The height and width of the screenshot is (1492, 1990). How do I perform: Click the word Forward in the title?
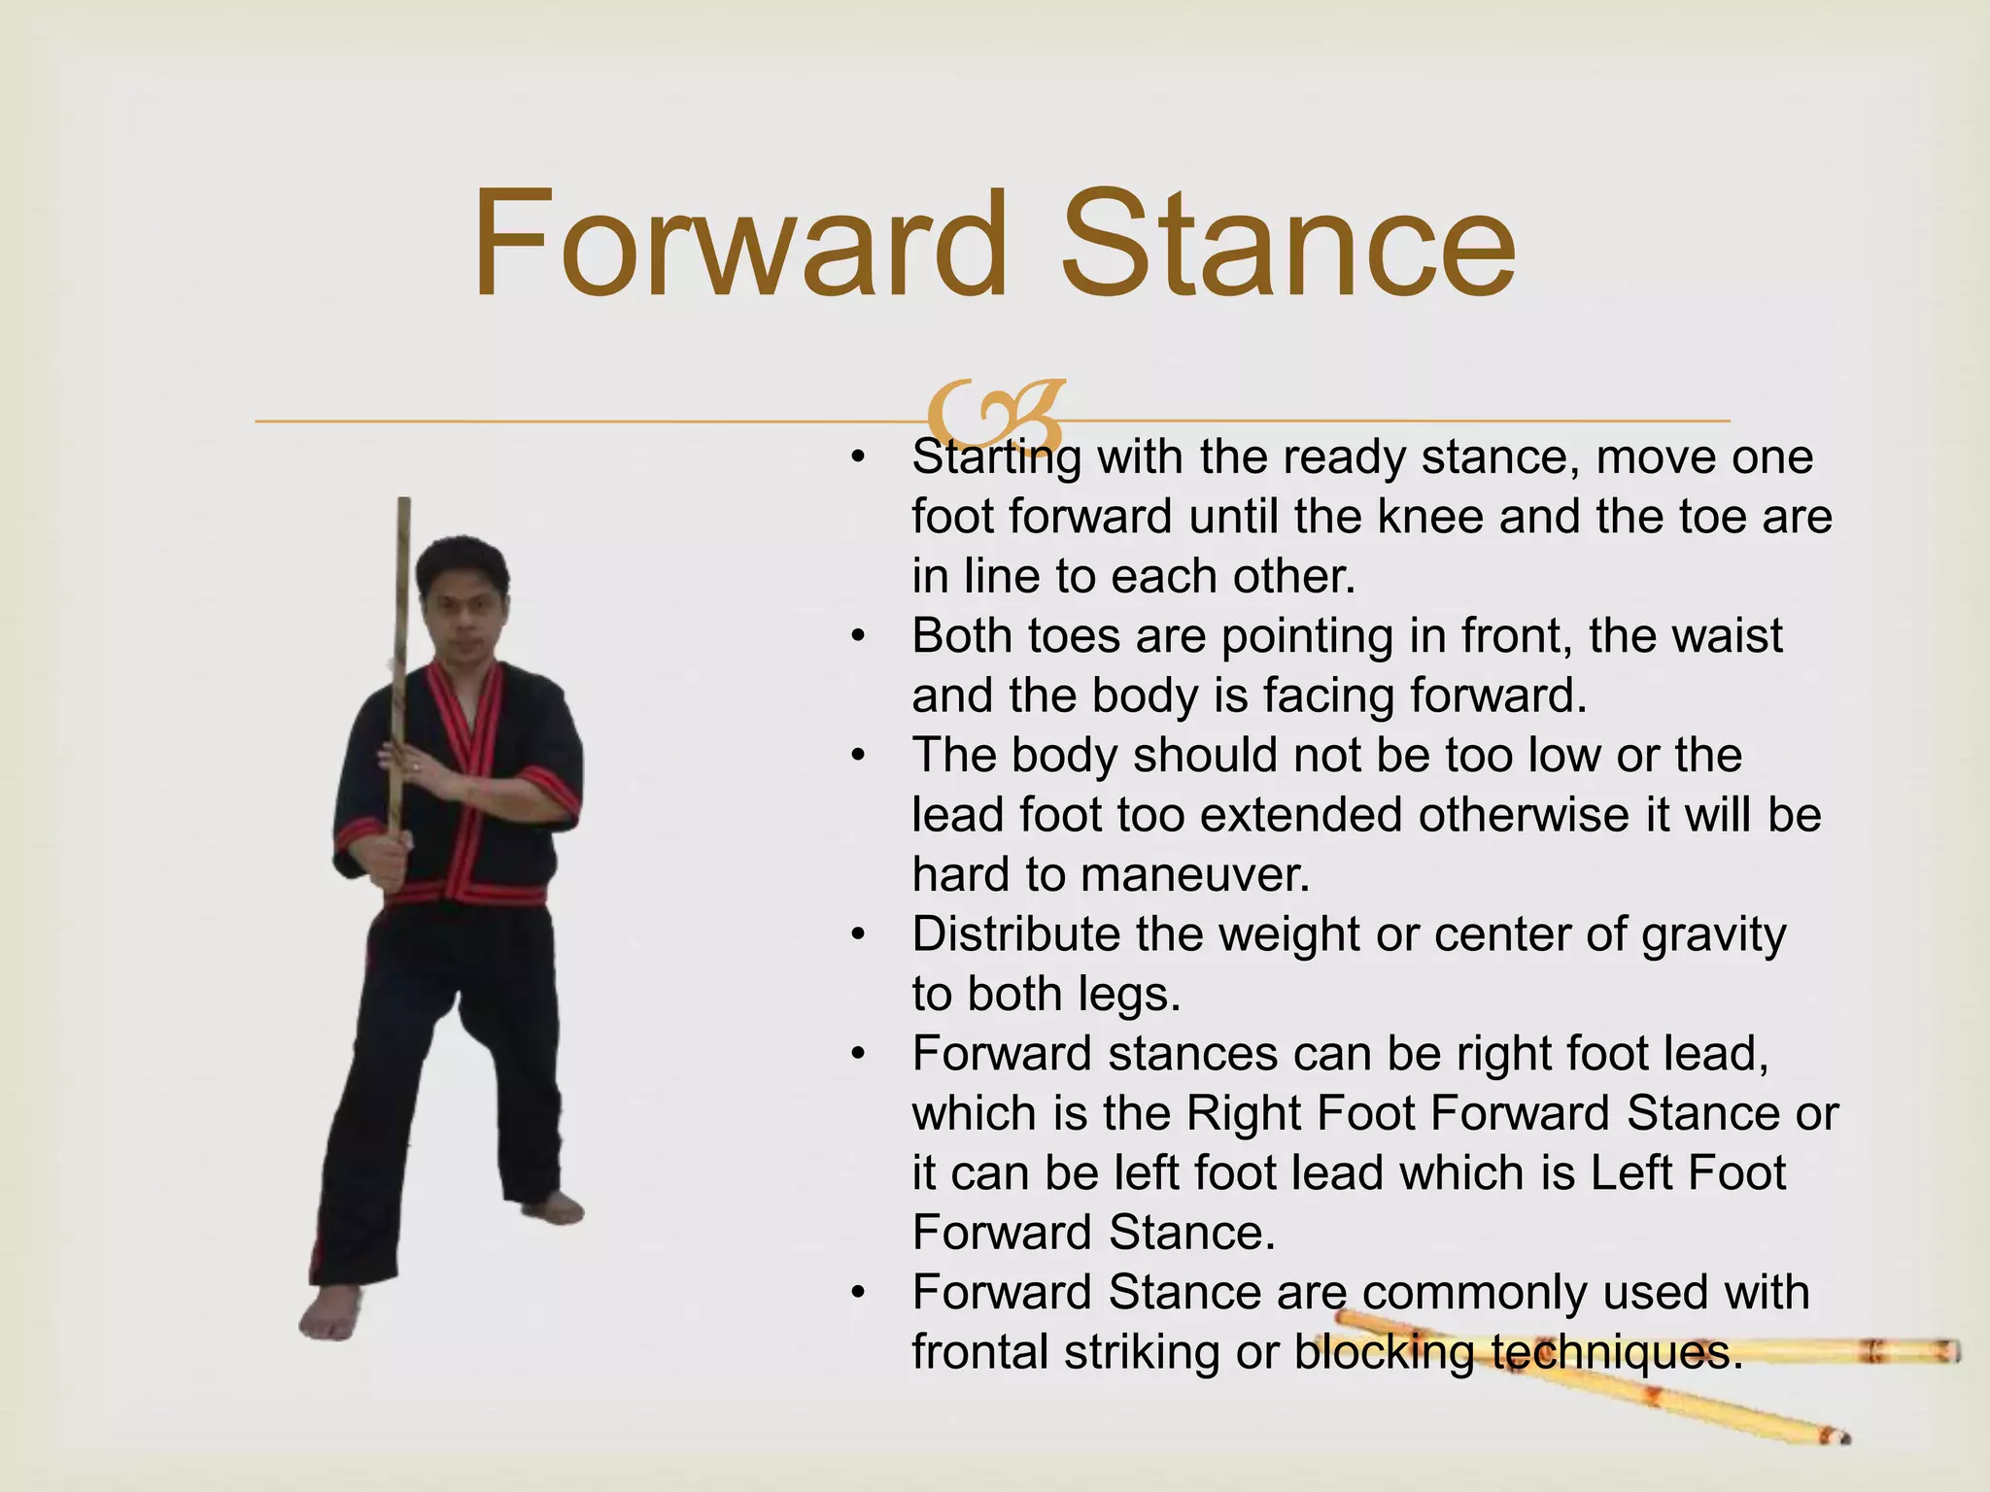(x=738, y=245)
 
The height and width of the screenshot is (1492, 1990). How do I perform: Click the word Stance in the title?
(x=1287, y=245)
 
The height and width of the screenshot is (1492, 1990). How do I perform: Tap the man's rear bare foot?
(x=554, y=1207)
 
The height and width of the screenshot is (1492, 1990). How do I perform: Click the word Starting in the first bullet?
(x=996, y=458)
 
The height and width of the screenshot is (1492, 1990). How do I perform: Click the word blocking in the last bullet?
(x=1384, y=1353)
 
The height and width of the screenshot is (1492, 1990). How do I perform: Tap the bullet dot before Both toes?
(x=856, y=637)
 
